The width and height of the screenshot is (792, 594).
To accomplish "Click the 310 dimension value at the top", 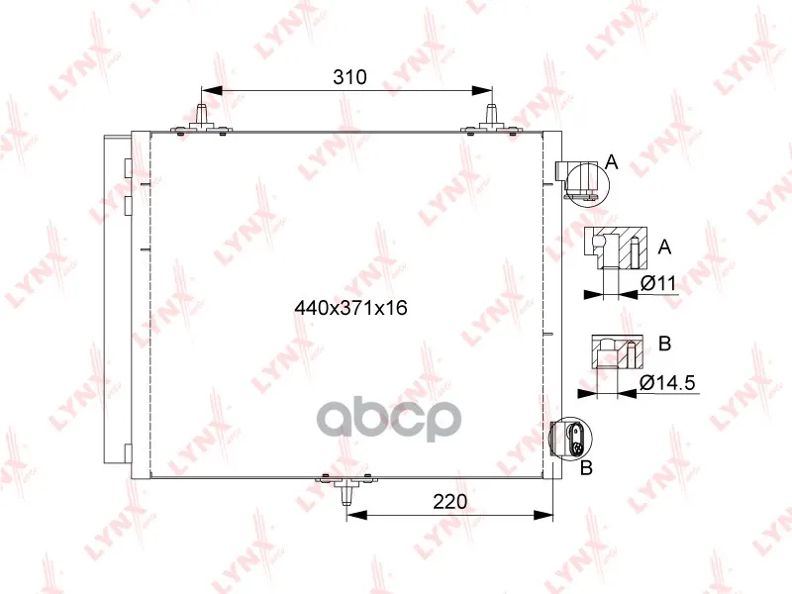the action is pyautogui.click(x=349, y=77).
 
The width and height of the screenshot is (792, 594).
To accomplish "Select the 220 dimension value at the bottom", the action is pyautogui.click(x=450, y=502).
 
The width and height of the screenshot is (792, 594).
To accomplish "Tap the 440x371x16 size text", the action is pyautogui.click(x=351, y=308).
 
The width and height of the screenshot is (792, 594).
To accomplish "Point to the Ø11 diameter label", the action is pyautogui.click(x=658, y=283).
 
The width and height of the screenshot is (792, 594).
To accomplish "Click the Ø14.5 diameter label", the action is pyautogui.click(x=667, y=383).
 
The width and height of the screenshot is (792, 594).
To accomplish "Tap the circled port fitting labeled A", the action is pyautogui.click(x=586, y=184).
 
